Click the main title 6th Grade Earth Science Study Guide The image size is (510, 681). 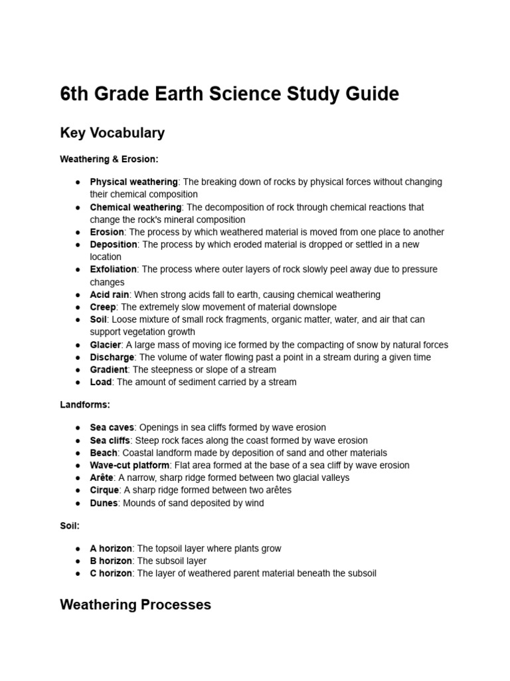coord(229,94)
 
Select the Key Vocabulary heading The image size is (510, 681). coord(112,133)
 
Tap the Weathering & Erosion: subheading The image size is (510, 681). coord(109,160)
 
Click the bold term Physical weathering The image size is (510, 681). coord(133,182)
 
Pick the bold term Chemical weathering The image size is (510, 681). coord(135,207)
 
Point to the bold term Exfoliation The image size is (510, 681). coord(113,269)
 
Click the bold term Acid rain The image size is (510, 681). coord(110,295)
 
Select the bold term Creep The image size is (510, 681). coord(103,307)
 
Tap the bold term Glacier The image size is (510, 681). coord(105,344)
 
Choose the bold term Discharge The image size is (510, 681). coord(112,357)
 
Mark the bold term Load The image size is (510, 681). coord(100,382)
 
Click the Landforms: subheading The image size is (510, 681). coord(85,404)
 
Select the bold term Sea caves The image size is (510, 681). coord(112,428)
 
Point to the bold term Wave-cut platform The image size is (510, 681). coord(130,465)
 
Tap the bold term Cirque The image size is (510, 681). coord(105,490)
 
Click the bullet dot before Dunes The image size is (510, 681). coord(78,503)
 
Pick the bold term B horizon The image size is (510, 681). coord(111,561)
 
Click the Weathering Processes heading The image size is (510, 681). coord(135,605)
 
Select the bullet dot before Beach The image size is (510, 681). coord(78,453)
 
